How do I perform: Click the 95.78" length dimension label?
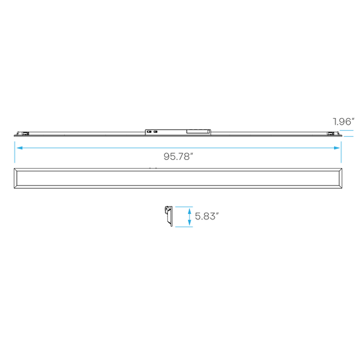click(178, 157)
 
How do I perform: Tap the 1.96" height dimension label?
click(344, 121)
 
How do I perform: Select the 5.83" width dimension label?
click(207, 216)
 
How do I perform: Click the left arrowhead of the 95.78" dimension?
click(19, 148)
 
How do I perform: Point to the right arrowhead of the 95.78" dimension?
click(337, 148)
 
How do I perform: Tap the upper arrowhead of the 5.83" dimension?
click(189, 211)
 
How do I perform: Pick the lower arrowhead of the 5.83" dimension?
click(189, 222)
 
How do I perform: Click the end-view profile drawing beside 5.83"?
click(169, 217)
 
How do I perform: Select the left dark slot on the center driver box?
click(149, 132)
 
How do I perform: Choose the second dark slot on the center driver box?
click(155, 132)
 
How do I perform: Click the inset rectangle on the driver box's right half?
click(198, 131)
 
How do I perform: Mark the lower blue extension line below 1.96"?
click(349, 136)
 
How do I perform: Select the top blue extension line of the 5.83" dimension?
click(184, 207)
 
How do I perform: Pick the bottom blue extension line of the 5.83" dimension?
click(184, 227)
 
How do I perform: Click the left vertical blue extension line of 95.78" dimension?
click(15, 152)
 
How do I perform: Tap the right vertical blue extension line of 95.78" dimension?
click(341, 152)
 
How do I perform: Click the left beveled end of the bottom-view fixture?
click(15, 179)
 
